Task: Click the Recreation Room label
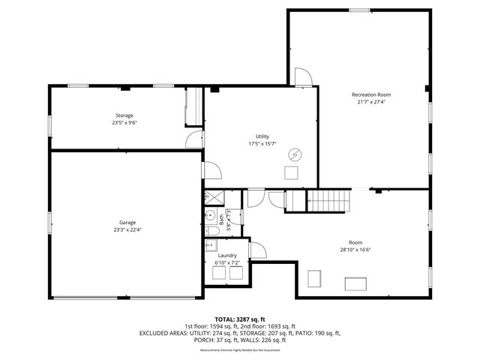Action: pos(371,95)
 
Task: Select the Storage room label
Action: pos(124,115)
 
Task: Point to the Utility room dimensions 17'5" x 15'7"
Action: pos(262,144)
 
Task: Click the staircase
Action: pos(330,201)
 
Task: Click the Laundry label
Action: pos(227,256)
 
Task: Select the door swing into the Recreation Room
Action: pos(303,76)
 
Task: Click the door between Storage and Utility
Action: pos(194,139)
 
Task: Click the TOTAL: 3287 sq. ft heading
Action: pos(240,320)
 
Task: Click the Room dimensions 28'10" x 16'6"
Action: pos(355,250)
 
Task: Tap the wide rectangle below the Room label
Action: pos(355,283)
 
